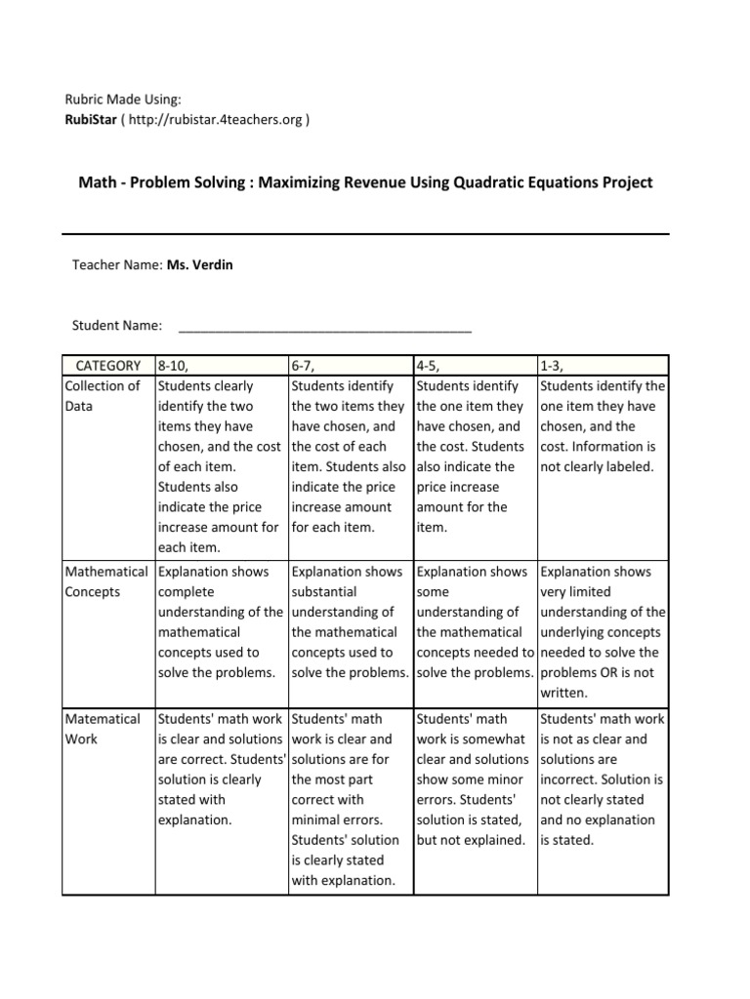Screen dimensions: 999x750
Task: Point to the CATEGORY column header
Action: [108, 365]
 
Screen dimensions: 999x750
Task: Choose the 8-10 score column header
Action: [172, 365]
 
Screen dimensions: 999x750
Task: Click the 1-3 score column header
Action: [553, 365]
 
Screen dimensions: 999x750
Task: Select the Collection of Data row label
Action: [103, 395]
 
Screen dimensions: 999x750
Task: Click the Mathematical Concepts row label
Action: [106, 581]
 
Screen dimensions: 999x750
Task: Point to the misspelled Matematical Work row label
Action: [103, 729]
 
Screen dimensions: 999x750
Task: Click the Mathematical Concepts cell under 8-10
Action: [222, 622]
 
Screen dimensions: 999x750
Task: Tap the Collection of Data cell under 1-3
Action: [603, 426]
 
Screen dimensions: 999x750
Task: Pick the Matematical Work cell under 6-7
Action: [347, 799]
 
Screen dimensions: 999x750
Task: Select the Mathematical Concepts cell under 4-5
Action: [475, 622]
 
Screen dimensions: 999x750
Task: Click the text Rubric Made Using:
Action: [123, 100]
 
